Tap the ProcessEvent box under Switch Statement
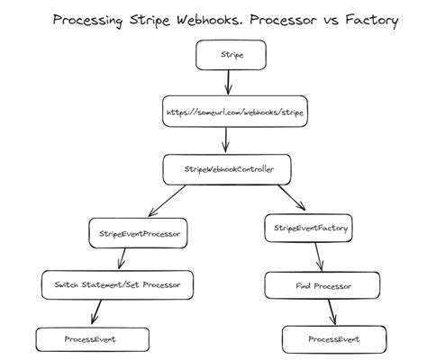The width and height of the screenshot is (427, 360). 90,339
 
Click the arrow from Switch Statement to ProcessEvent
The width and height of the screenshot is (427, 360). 96,312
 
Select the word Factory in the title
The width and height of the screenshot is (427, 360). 368,20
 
